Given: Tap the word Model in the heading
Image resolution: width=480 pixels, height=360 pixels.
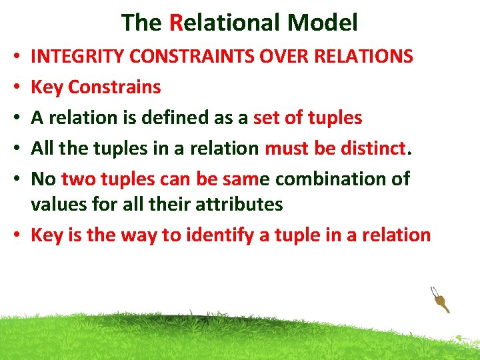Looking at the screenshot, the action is coord(323,23).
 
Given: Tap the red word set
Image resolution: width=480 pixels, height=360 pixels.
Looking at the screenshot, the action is coord(268,118).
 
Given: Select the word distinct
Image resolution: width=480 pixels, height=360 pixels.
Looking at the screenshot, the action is coord(373,149).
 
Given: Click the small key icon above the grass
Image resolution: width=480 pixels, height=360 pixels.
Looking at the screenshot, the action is coord(440,300).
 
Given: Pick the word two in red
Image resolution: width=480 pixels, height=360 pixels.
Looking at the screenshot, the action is coord(79,179).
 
